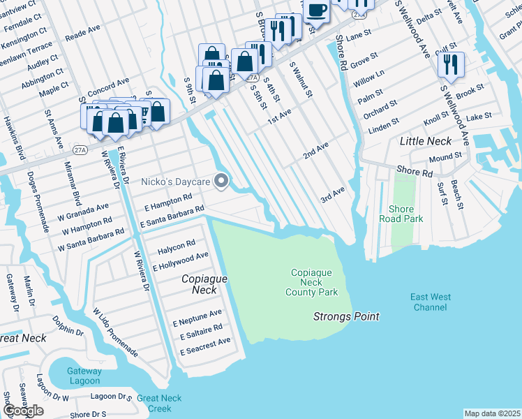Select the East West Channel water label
(431, 302)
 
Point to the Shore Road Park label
(396, 214)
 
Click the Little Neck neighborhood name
(426, 141)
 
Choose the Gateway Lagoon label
(84, 376)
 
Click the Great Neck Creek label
(159, 403)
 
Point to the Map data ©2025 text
(492, 413)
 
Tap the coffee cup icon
(316, 10)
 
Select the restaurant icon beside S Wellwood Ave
(451, 64)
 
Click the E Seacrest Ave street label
(205, 341)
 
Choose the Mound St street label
(445, 158)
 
